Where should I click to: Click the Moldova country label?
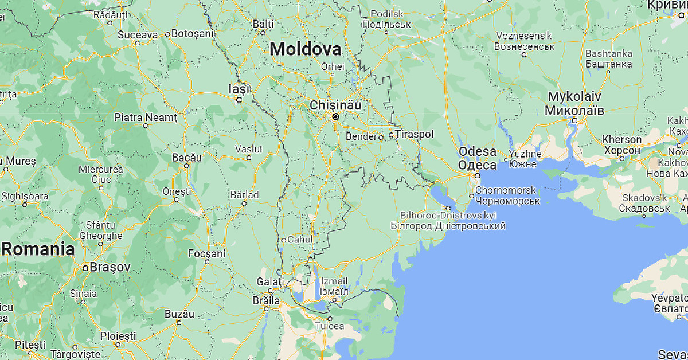point(306,49)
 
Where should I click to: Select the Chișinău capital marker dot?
point(335,116)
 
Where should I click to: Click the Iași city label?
point(240,89)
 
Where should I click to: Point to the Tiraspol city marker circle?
point(391,135)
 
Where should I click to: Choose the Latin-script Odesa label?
point(477,152)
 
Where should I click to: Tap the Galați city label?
point(270,282)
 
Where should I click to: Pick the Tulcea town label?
point(330,326)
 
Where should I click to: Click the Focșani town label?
point(207,253)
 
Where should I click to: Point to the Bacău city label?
point(187,156)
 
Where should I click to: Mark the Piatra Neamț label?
point(146,118)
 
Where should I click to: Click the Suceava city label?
point(138,34)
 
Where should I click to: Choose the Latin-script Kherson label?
point(621,139)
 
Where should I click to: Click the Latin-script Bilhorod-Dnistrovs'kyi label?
point(448,215)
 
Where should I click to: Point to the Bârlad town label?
point(244,195)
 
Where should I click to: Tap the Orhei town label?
point(333,66)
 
